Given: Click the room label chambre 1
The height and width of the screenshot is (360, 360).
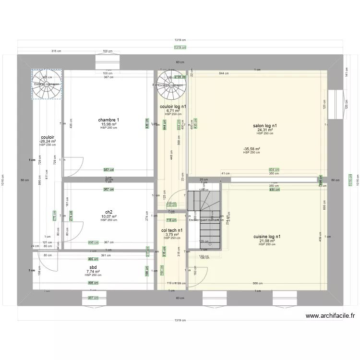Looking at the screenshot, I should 108,120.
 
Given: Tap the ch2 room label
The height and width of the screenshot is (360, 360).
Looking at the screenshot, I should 109,212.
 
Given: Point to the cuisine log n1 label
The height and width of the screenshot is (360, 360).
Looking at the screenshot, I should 267,237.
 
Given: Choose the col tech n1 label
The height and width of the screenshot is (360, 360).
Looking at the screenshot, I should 171,230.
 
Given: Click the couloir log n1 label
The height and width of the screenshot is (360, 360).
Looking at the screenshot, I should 173,107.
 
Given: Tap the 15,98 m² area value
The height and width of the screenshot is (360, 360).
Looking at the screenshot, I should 108,124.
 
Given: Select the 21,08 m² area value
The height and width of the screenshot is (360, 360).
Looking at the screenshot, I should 267,241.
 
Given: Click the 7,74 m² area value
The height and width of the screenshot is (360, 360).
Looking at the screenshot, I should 93,271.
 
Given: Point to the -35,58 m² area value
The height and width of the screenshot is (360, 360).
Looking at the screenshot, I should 252,149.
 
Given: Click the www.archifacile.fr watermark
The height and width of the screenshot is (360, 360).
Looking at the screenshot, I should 330,316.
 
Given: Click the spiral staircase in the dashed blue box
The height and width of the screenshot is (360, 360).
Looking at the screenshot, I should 47,84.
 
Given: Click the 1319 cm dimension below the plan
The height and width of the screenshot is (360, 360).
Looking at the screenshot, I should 180,320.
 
